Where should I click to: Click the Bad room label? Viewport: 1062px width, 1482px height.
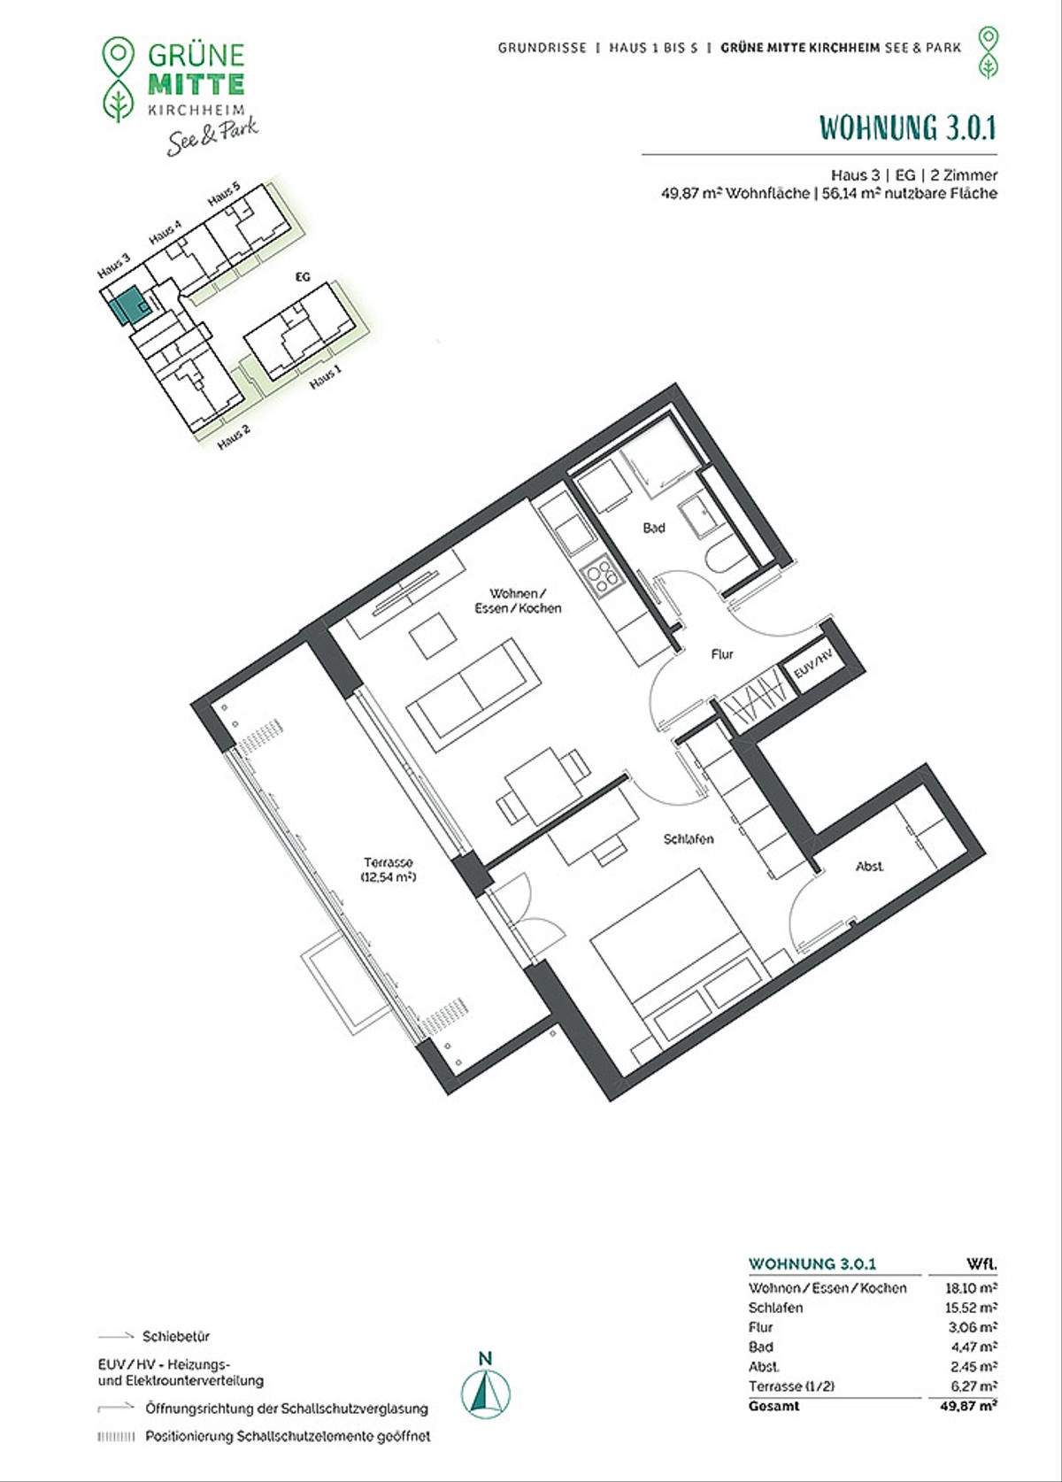(x=653, y=528)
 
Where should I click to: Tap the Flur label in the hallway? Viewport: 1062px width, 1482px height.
(x=722, y=654)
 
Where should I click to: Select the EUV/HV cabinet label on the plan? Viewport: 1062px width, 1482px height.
(x=812, y=661)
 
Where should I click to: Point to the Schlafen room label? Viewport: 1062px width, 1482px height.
(x=689, y=839)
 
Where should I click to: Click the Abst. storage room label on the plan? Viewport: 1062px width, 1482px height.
(x=869, y=866)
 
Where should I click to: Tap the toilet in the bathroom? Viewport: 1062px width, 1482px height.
(x=724, y=556)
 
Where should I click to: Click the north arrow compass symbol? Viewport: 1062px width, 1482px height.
(x=485, y=1394)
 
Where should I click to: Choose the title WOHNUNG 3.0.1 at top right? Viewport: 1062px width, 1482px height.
(x=908, y=127)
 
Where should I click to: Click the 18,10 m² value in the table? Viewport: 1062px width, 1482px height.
(x=971, y=1287)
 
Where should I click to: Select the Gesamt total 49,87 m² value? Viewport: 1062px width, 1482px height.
(x=969, y=1406)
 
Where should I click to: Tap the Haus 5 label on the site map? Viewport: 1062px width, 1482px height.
(x=224, y=192)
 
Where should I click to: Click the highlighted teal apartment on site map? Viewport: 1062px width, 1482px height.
(x=127, y=305)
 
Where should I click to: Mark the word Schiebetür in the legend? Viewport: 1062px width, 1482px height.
(x=176, y=1336)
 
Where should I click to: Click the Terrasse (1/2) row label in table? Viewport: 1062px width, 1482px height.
(x=791, y=1386)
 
